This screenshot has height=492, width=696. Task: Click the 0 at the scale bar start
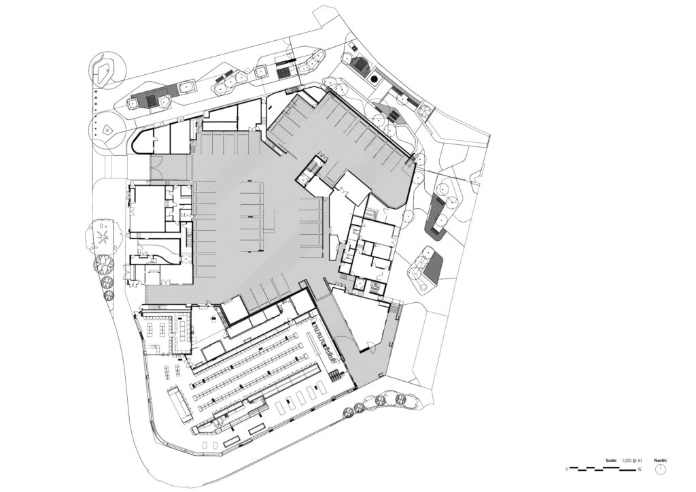click(x=567, y=469)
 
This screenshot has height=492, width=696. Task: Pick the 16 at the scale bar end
click(x=640, y=469)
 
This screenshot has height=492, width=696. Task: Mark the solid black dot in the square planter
click(x=374, y=78)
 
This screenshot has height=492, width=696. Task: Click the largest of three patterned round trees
click(x=103, y=264)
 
